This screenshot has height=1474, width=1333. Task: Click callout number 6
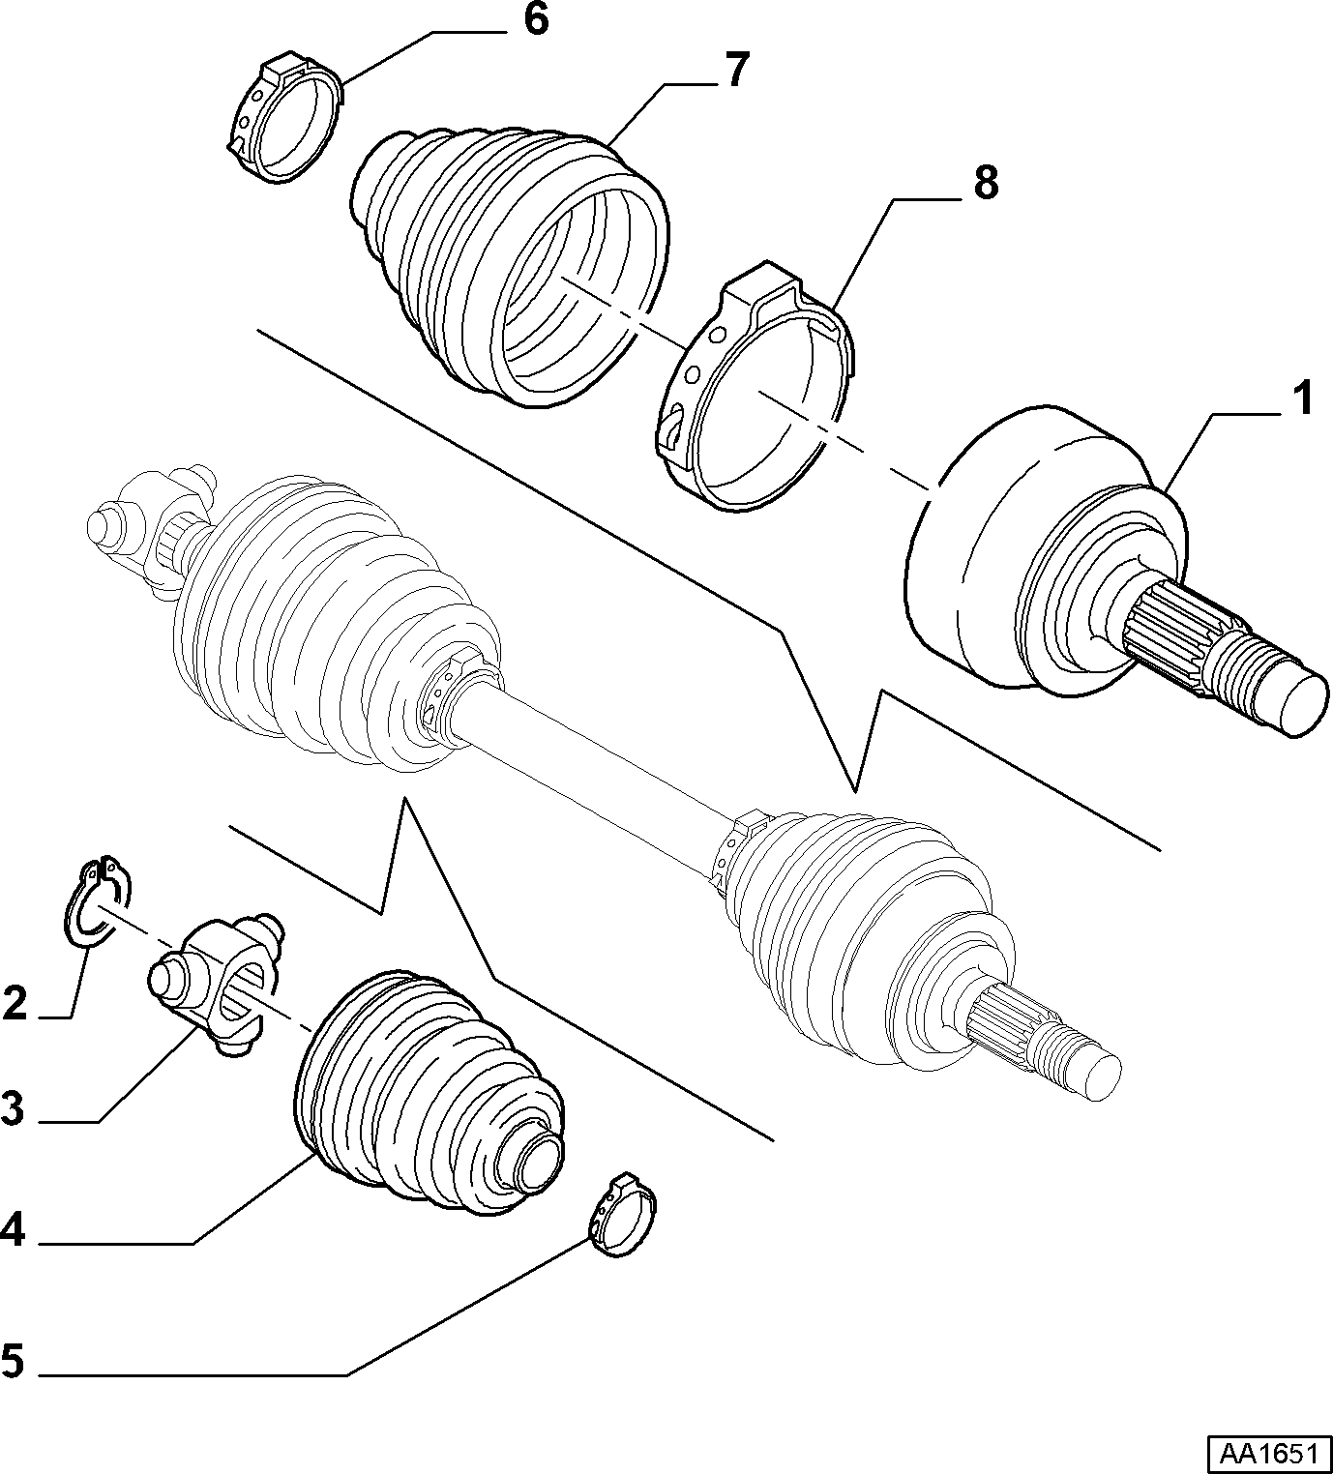536,21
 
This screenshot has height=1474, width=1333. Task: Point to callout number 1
1302,399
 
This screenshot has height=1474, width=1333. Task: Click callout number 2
15,1004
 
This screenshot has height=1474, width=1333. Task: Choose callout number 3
15,1108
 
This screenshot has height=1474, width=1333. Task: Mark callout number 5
14,1360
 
